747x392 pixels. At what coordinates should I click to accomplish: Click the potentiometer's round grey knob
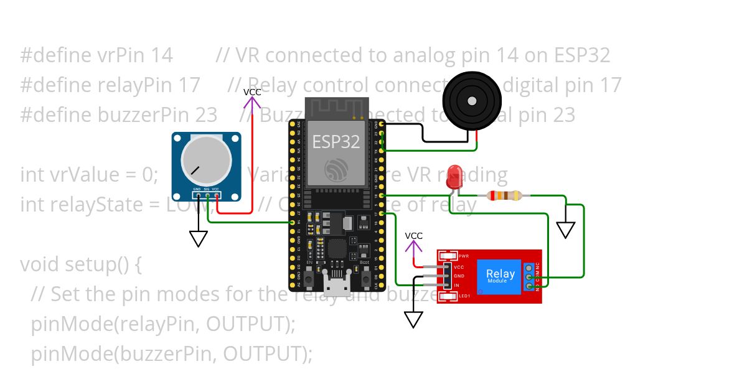(x=206, y=159)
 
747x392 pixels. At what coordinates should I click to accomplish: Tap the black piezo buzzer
(x=472, y=100)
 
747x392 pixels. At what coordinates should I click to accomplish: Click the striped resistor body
(x=505, y=196)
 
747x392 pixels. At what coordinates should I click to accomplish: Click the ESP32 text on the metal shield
(x=336, y=141)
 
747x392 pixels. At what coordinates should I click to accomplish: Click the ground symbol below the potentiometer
(x=198, y=239)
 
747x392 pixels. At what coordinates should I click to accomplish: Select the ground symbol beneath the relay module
(x=413, y=319)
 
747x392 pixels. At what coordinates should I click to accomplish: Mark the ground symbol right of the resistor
(x=565, y=230)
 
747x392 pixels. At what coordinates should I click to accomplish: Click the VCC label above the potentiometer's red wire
(x=252, y=92)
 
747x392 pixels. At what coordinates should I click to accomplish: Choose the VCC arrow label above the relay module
(x=414, y=236)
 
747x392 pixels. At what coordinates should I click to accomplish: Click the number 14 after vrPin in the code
(x=162, y=55)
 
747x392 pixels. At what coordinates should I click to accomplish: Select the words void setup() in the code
(x=81, y=264)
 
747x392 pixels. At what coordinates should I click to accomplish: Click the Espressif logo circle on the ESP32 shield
(x=337, y=169)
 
